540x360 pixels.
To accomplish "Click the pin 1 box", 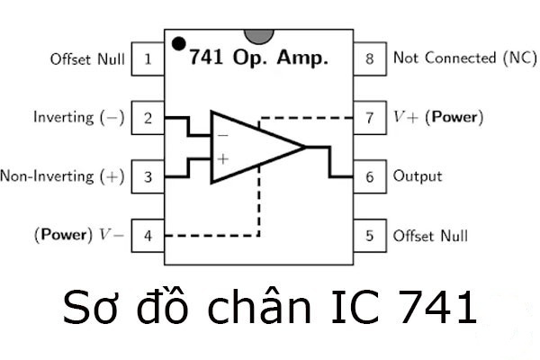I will click(147, 59).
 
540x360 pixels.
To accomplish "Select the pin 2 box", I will click(147, 117).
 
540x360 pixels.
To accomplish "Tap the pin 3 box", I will click(147, 176).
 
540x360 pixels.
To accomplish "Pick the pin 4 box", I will click(147, 236).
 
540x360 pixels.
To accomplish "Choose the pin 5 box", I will click(369, 236).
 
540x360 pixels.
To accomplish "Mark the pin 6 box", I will click(369, 176).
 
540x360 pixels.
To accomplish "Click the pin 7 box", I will click(369, 117).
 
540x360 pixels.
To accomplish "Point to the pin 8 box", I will click(369, 59).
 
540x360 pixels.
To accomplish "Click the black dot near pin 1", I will click(179, 42).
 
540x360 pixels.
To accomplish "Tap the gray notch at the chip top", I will click(259, 35).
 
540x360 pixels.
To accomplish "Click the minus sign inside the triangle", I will click(222, 135).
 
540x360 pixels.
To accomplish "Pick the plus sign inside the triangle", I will click(222, 158).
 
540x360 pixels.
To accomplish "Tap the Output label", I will click(418, 176).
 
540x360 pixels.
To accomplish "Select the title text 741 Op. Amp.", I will click(258, 58).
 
